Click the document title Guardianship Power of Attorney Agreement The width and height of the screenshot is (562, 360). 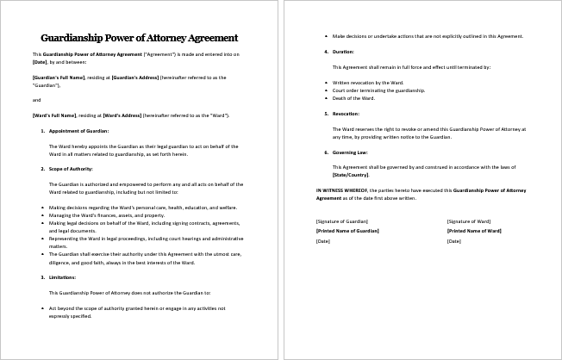140,38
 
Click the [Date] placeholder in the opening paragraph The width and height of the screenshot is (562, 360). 40,62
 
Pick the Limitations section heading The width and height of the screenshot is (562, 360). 64,277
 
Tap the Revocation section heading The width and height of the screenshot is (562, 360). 346,114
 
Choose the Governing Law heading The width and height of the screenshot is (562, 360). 350,152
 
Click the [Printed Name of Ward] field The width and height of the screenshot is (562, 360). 474,231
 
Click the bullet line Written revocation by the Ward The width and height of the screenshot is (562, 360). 367,82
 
